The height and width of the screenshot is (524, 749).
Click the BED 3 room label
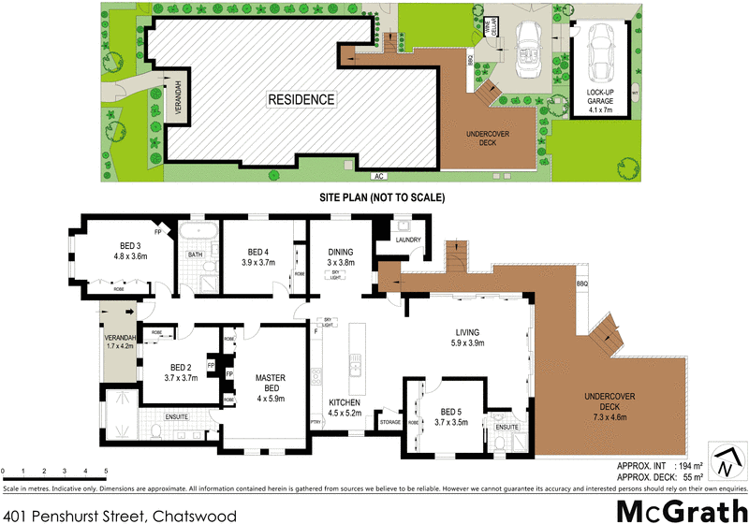(x=118, y=246)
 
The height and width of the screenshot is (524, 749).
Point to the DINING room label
(x=340, y=252)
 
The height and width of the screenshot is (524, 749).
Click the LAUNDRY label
(x=410, y=240)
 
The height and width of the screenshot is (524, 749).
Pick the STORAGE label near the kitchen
(x=390, y=422)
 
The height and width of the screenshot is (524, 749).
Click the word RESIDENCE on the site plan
(x=301, y=99)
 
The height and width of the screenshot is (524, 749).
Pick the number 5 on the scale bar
(x=106, y=471)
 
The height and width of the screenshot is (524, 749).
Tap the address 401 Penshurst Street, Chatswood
(x=120, y=514)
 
